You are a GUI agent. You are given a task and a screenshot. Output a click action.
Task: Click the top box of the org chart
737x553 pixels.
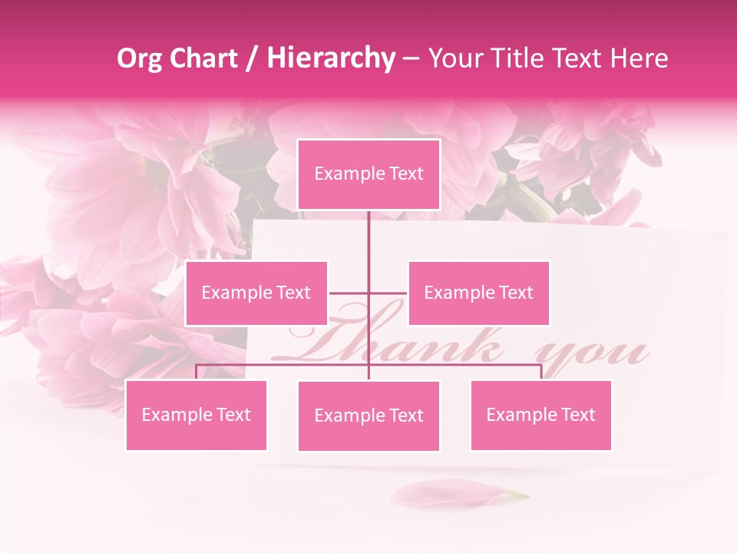(x=368, y=174)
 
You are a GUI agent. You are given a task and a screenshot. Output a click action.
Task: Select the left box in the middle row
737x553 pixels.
(x=256, y=293)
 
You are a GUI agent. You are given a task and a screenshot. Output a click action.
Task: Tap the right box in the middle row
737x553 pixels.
(x=478, y=293)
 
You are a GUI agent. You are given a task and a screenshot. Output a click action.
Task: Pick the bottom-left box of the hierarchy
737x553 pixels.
(x=197, y=415)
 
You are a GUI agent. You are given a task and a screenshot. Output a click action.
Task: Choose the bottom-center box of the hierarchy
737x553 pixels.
(x=368, y=416)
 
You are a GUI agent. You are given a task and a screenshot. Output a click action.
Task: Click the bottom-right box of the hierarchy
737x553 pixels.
(x=540, y=415)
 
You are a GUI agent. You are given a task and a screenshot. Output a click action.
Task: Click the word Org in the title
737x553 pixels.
(x=140, y=58)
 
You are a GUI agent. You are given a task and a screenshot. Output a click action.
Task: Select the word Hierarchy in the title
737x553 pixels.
(x=330, y=58)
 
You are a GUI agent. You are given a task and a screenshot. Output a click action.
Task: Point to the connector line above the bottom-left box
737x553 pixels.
(x=197, y=372)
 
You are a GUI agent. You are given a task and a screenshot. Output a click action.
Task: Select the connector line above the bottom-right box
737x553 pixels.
(x=540, y=372)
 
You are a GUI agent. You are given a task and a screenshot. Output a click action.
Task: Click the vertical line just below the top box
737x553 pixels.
(x=368, y=230)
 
